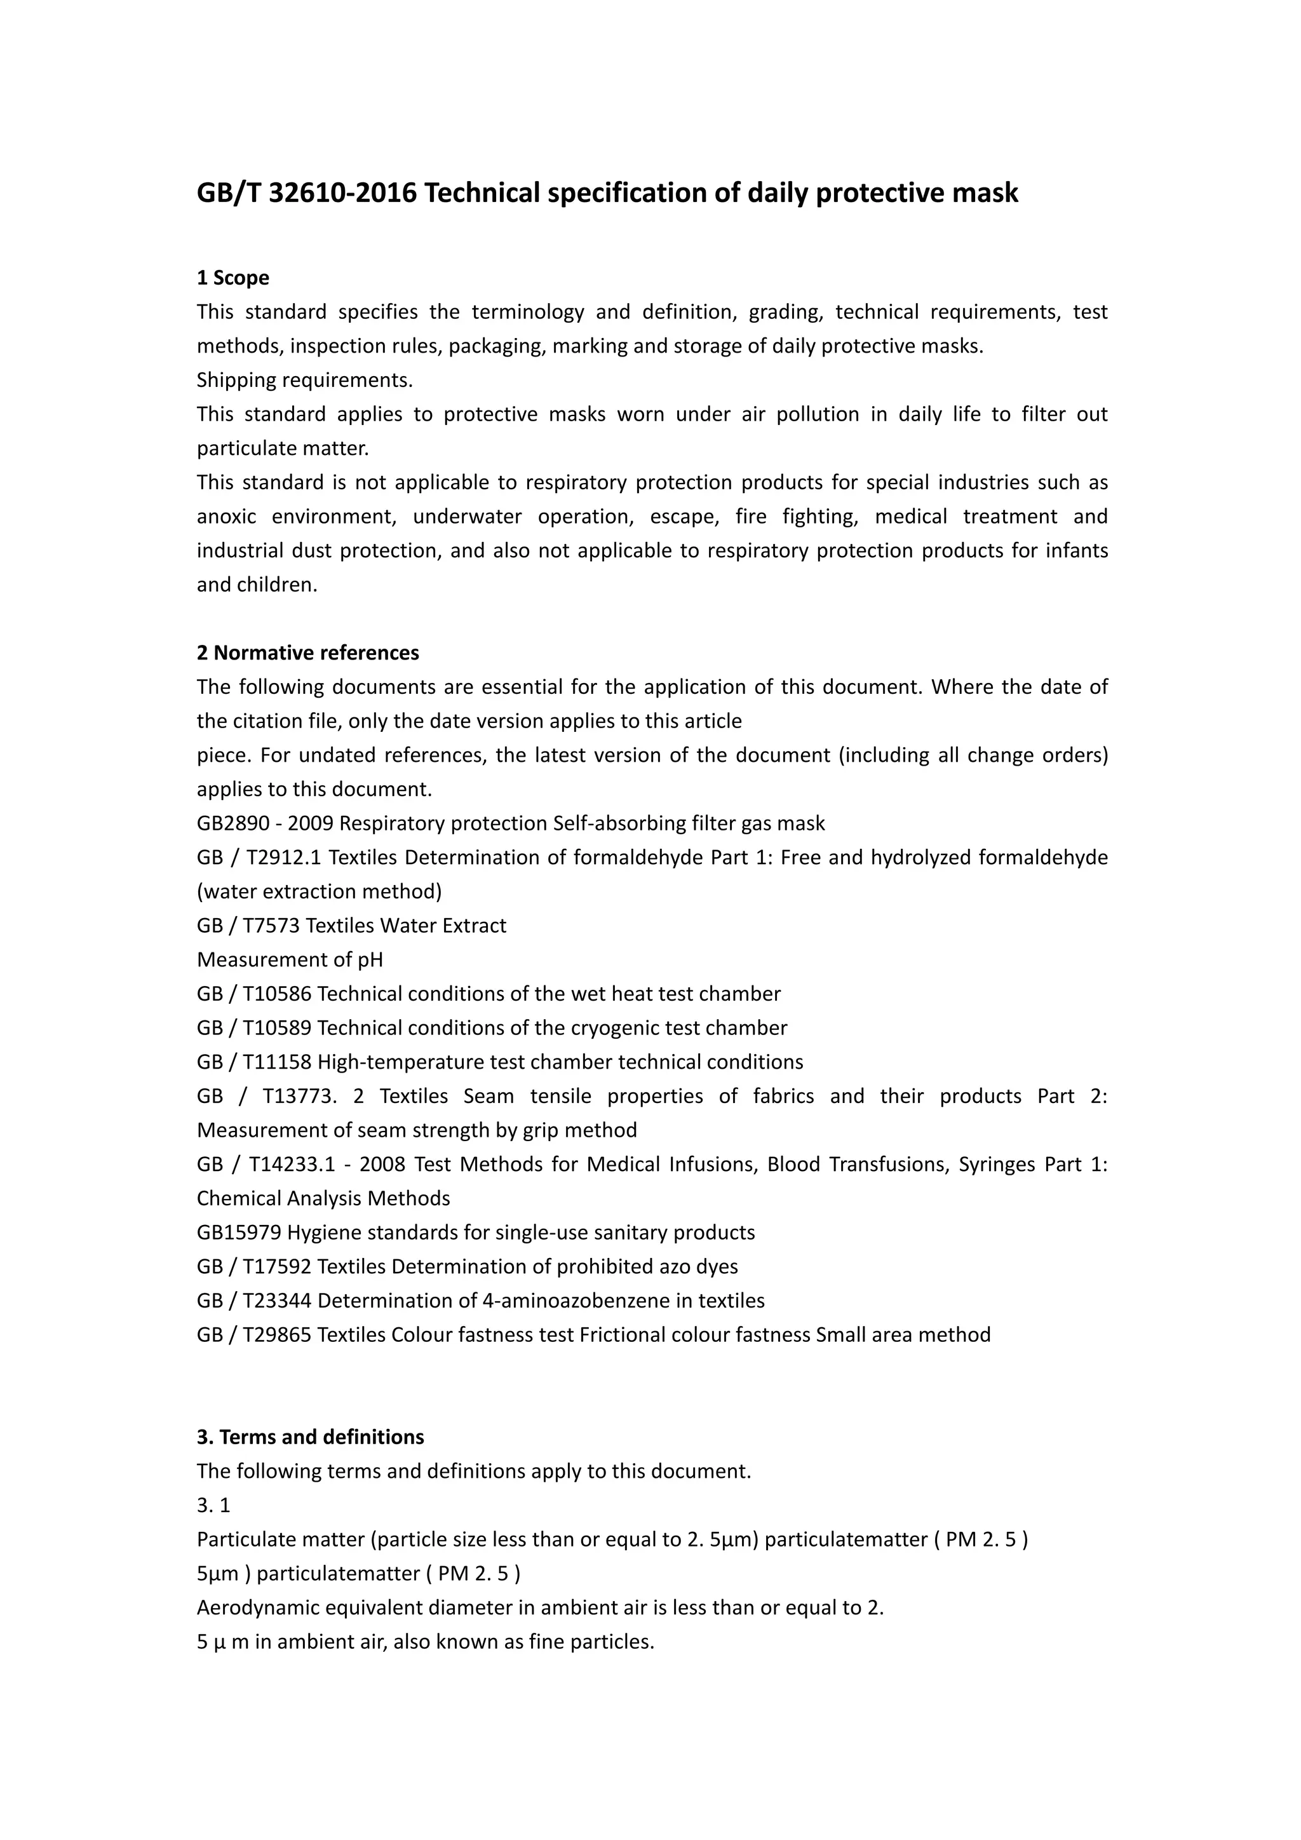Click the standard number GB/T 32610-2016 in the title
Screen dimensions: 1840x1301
point(307,193)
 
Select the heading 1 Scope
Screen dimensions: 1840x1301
point(233,278)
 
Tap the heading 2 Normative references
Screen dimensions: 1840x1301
point(307,653)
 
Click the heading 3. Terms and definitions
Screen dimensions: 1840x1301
point(310,1437)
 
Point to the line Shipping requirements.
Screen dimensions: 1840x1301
point(304,380)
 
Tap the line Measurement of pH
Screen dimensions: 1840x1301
point(290,960)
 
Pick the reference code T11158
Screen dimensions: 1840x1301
point(276,1063)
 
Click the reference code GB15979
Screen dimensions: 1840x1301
point(239,1233)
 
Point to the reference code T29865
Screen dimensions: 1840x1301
point(276,1335)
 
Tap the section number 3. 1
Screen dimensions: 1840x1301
point(213,1506)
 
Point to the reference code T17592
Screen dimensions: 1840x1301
point(276,1267)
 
